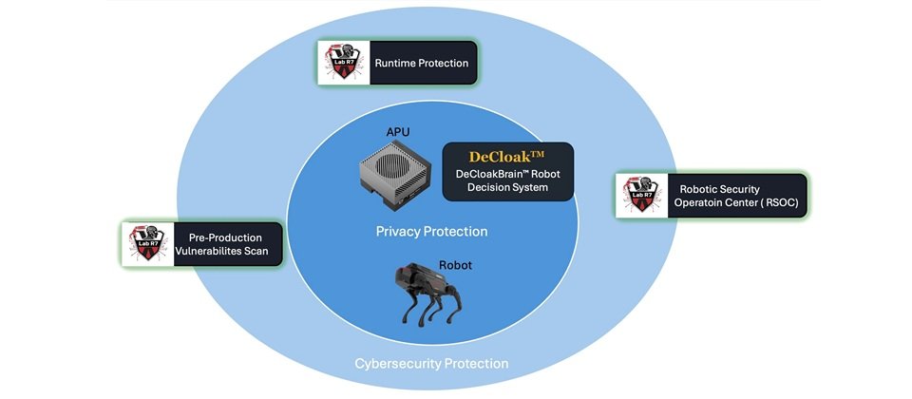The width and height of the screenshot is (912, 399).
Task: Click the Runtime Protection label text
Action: [x=422, y=64]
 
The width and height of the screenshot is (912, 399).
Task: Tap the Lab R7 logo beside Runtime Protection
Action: [x=339, y=64]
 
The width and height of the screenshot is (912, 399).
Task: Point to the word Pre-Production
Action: [x=229, y=237]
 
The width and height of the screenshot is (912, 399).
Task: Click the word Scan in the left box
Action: [x=254, y=253]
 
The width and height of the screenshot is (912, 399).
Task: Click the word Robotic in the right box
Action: [x=700, y=188]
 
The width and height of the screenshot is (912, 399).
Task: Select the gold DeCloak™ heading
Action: [x=508, y=156]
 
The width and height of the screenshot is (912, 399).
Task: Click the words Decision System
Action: [x=508, y=188]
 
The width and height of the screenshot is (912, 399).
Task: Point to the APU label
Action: [x=397, y=131]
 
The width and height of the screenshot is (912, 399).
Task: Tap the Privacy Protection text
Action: [x=431, y=232]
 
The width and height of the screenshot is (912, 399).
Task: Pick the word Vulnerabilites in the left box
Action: [x=211, y=253]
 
